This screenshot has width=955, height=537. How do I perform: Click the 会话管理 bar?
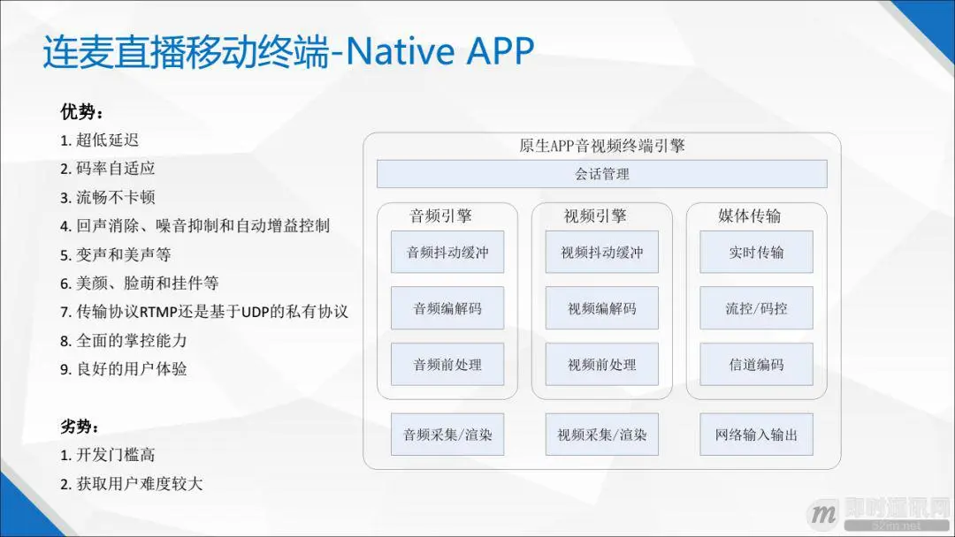click(601, 174)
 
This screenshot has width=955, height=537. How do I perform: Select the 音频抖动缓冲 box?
click(447, 252)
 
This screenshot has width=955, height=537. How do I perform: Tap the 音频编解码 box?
click(447, 308)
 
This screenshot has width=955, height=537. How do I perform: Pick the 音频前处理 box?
click(447, 365)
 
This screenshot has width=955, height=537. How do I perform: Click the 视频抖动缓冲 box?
click(601, 252)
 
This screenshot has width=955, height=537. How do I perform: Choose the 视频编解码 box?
click(601, 308)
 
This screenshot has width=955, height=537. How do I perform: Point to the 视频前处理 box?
click(601, 365)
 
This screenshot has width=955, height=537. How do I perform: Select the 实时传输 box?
click(756, 252)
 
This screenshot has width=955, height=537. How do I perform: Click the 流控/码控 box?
click(756, 308)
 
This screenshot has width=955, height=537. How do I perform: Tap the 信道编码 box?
click(756, 365)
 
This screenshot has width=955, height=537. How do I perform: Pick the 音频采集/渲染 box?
click(447, 435)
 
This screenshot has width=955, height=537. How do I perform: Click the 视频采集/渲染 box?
click(601, 435)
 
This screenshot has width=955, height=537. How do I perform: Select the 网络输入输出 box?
click(756, 435)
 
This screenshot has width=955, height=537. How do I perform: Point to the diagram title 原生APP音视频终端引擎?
click(601, 146)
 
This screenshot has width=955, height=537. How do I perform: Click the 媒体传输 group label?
click(749, 216)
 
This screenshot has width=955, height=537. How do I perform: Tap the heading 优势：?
click(81, 112)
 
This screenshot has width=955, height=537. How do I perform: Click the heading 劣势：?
click(81, 427)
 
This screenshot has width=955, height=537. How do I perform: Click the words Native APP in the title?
click(439, 53)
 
